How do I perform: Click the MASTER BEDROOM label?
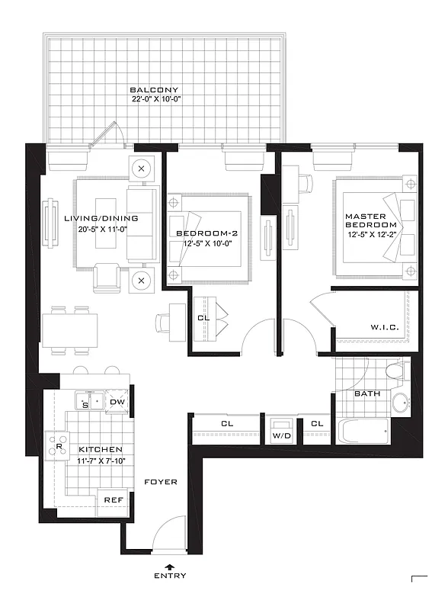[x=371, y=221]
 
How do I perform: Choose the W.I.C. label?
[x=383, y=328]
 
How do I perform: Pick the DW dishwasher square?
[x=117, y=402]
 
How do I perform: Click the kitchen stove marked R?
[x=57, y=445]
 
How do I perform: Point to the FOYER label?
[x=160, y=482]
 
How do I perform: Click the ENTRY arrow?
[x=169, y=565]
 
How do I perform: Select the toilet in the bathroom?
[x=395, y=372]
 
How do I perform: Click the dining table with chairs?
[x=70, y=329]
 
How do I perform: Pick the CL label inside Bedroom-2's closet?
[x=203, y=317]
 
